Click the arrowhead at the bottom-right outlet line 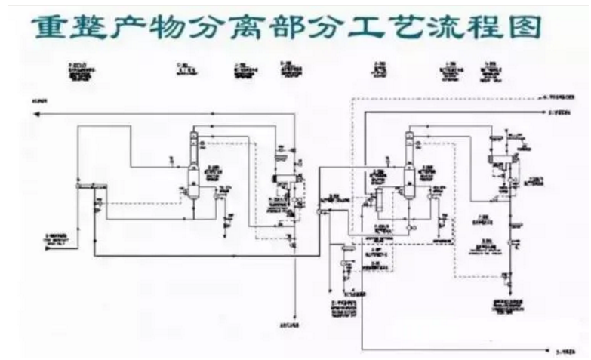(551, 349)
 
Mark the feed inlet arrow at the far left (45, 241)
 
